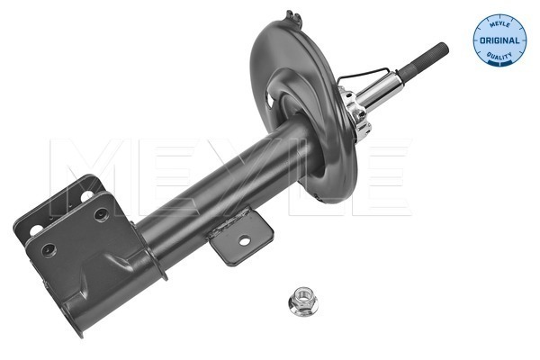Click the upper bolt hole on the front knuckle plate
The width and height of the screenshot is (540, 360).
point(101,214)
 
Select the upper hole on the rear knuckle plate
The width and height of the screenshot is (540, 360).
point(90,192)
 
